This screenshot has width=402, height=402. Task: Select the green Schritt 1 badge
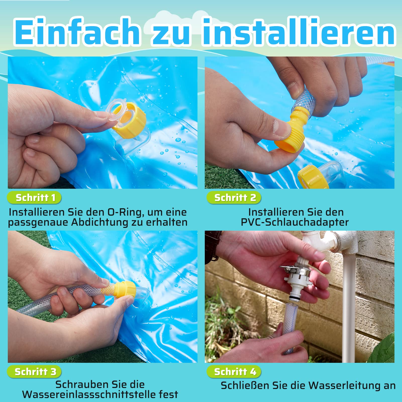[34, 198]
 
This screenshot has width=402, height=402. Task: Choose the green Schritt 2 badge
[234, 198]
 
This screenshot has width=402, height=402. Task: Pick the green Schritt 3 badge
[34, 372]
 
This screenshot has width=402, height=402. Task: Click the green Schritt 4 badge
[234, 372]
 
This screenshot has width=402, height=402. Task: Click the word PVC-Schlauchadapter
[295, 222]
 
